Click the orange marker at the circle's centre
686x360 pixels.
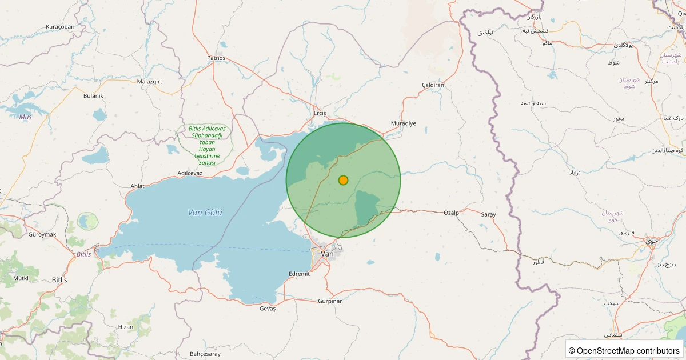coord(343,180)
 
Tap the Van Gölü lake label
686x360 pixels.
coord(205,213)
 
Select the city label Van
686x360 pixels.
coord(328,253)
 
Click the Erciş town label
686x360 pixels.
coord(320,113)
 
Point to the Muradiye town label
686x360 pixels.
coord(404,123)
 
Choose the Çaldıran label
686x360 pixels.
coord(433,85)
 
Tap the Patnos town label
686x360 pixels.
coord(216,58)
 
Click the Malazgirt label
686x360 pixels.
coord(150,82)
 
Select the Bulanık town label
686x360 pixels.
coord(93,95)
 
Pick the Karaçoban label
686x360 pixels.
coord(60,27)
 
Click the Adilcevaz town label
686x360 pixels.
coord(190,173)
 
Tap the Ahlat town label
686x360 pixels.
coord(138,186)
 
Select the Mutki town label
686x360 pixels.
coord(21,278)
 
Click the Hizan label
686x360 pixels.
coord(125,327)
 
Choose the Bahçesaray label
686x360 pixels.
coord(205,354)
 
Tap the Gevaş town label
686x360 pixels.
coord(268,309)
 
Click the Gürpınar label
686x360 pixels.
coord(330,301)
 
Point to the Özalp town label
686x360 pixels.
coord(451,213)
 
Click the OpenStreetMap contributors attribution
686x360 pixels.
coord(624,350)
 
